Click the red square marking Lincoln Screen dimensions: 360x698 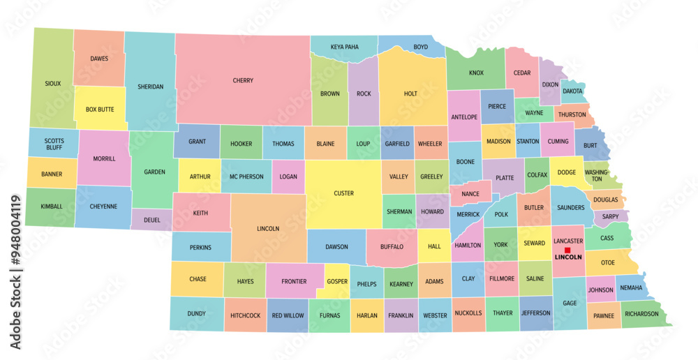tap(567, 250)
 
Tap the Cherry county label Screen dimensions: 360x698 tap(243, 80)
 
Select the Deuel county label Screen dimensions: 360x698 tap(152, 220)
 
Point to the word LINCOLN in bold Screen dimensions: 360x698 tap(567, 257)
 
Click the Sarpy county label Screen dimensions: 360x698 tap(610, 216)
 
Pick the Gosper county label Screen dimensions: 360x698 tap(336, 281)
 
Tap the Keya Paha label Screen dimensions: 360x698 tap(344, 47)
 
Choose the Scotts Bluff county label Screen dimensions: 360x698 tap(54, 144)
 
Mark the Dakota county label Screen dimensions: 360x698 tap(572, 91)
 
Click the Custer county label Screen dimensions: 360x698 tap(343, 193)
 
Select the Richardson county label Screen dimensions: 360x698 tap(641, 314)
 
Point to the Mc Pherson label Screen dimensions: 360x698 tap(246, 177)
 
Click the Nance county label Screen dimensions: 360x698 tap(470, 194)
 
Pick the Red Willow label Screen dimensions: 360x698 tap(288, 315)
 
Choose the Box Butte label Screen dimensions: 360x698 tap(100, 110)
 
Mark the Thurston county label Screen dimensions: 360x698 tap(572, 115)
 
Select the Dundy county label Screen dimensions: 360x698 tap(196, 314)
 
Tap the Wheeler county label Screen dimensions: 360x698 tap(430, 144)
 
